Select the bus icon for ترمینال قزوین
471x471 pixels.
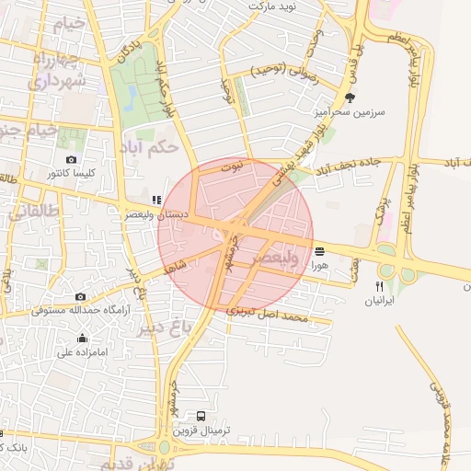(201, 416)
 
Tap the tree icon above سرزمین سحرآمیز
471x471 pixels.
(350, 97)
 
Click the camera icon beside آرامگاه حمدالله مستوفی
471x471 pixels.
(81, 296)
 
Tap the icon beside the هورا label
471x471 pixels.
(318, 250)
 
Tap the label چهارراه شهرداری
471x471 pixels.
(57, 72)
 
